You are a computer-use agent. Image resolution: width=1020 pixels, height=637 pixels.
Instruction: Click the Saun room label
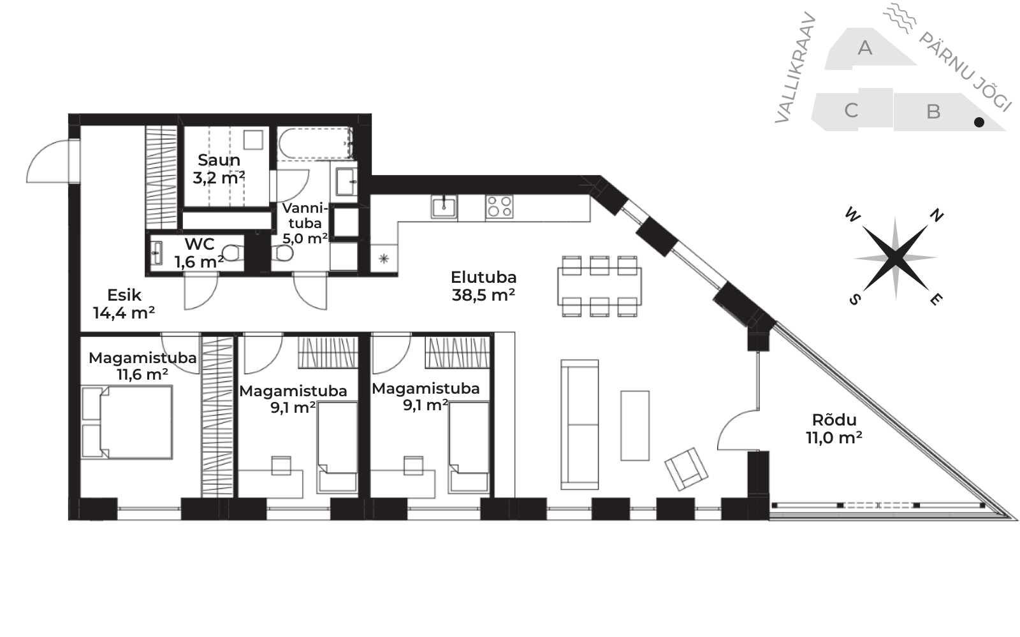click(x=219, y=169)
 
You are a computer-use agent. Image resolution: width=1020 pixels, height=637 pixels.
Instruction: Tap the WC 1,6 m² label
click(x=199, y=252)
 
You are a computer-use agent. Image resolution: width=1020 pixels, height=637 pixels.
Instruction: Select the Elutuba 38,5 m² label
click(x=483, y=286)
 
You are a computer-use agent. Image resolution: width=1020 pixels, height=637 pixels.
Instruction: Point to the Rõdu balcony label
click(x=834, y=428)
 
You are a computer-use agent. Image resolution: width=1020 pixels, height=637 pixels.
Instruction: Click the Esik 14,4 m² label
click(x=124, y=303)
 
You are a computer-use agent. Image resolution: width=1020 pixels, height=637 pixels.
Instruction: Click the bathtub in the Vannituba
click(x=315, y=143)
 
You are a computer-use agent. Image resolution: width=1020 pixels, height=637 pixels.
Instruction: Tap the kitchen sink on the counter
click(x=444, y=207)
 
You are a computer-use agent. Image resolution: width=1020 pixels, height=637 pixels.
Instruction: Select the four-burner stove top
click(x=499, y=206)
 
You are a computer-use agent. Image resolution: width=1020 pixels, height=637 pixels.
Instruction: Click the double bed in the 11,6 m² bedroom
click(x=127, y=422)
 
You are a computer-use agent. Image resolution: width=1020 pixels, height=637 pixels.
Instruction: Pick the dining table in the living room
click(x=599, y=286)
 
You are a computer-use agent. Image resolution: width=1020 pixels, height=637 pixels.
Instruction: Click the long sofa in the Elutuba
click(x=579, y=424)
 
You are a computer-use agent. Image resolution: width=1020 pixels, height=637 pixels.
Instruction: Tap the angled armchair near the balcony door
click(x=686, y=469)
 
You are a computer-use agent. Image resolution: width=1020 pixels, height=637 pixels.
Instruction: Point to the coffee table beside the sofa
click(x=635, y=426)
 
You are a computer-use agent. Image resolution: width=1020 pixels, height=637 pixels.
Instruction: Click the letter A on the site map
click(x=864, y=48)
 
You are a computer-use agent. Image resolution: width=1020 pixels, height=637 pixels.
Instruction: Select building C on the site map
click(x=852, y=110)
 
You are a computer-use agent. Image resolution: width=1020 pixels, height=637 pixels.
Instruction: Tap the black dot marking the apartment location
click(x=979, y=122)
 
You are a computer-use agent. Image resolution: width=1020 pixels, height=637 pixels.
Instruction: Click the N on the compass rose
click(x=936, y=215)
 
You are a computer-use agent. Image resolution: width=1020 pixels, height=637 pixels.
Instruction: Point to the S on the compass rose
click(x=855, y=299)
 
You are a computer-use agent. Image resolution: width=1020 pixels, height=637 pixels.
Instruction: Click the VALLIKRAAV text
click(x=795, y=68)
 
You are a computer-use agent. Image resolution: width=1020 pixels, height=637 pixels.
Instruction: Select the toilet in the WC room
click(x=232, y=253)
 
